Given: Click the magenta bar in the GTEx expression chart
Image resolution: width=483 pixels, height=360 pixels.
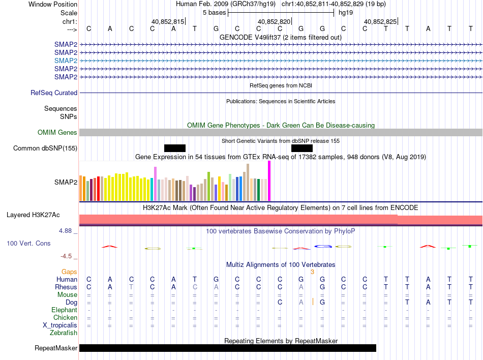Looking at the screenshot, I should pos(269,181).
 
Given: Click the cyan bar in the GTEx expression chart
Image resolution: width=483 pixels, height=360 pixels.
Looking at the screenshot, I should pos(152,190).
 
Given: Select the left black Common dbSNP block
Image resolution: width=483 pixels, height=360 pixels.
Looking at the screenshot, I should pos(175,148).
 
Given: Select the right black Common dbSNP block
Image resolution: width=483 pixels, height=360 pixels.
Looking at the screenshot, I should pos(302,148).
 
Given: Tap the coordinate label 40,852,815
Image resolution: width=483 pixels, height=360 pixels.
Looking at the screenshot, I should pos(168,21).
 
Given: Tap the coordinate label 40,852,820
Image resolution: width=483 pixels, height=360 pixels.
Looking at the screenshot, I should pos(274,21).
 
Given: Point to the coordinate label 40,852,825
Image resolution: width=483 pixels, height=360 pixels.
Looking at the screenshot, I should pos(380,21).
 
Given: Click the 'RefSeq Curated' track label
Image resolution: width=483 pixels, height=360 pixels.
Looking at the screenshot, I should pos(54,93).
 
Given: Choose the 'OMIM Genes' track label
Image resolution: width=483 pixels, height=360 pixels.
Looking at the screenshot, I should pos(57,133).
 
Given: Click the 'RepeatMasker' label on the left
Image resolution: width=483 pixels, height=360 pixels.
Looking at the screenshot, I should pos(56,348).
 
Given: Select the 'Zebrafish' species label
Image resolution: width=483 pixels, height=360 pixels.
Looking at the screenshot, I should pos(64,333).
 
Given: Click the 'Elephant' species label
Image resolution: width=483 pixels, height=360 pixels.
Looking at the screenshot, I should pos(64,310).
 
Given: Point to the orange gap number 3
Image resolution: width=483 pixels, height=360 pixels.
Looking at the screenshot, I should pos(313,272).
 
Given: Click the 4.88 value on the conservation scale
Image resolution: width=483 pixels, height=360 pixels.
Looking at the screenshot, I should pos(66,231).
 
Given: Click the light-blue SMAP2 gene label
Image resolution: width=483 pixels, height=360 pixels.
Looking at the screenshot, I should pos(66,60).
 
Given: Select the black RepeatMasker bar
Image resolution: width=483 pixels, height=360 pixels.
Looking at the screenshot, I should pos(227,348).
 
